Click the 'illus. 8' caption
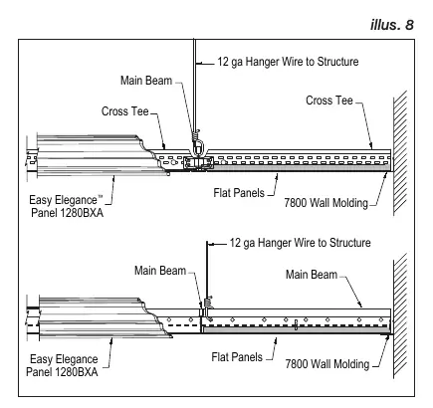(392, 25)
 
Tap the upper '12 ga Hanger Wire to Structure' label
(288, 62)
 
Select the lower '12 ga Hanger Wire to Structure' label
(301, 243)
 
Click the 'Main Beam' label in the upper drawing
(146, 81)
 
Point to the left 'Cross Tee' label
(125, 111)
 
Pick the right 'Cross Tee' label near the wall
(329, 101)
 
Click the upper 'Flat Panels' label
(239, 193)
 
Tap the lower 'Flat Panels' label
(237, 357)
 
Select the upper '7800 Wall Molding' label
(326, 203)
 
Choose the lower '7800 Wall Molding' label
(327, 364)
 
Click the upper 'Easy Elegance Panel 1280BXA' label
(67, 206)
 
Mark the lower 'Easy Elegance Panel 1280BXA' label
(62, 365)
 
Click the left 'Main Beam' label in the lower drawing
(160, 271)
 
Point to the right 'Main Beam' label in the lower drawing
(312, 275)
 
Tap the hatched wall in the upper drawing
(400, 152)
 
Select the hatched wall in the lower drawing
(400, 315)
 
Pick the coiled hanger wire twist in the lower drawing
(208, 303)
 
